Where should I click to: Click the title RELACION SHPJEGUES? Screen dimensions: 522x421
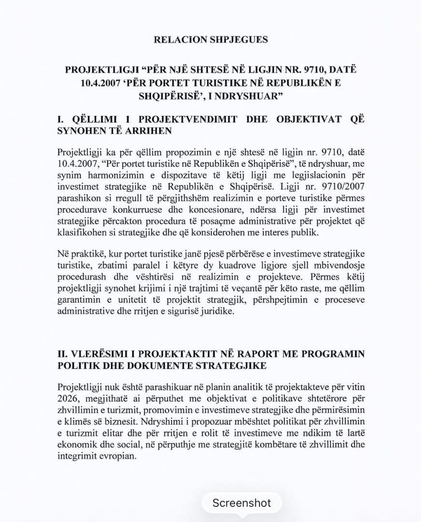click(210, 40)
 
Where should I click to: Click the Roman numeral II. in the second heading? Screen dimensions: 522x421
click(63, 354)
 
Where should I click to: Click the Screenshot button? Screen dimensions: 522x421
click(241, 503)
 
